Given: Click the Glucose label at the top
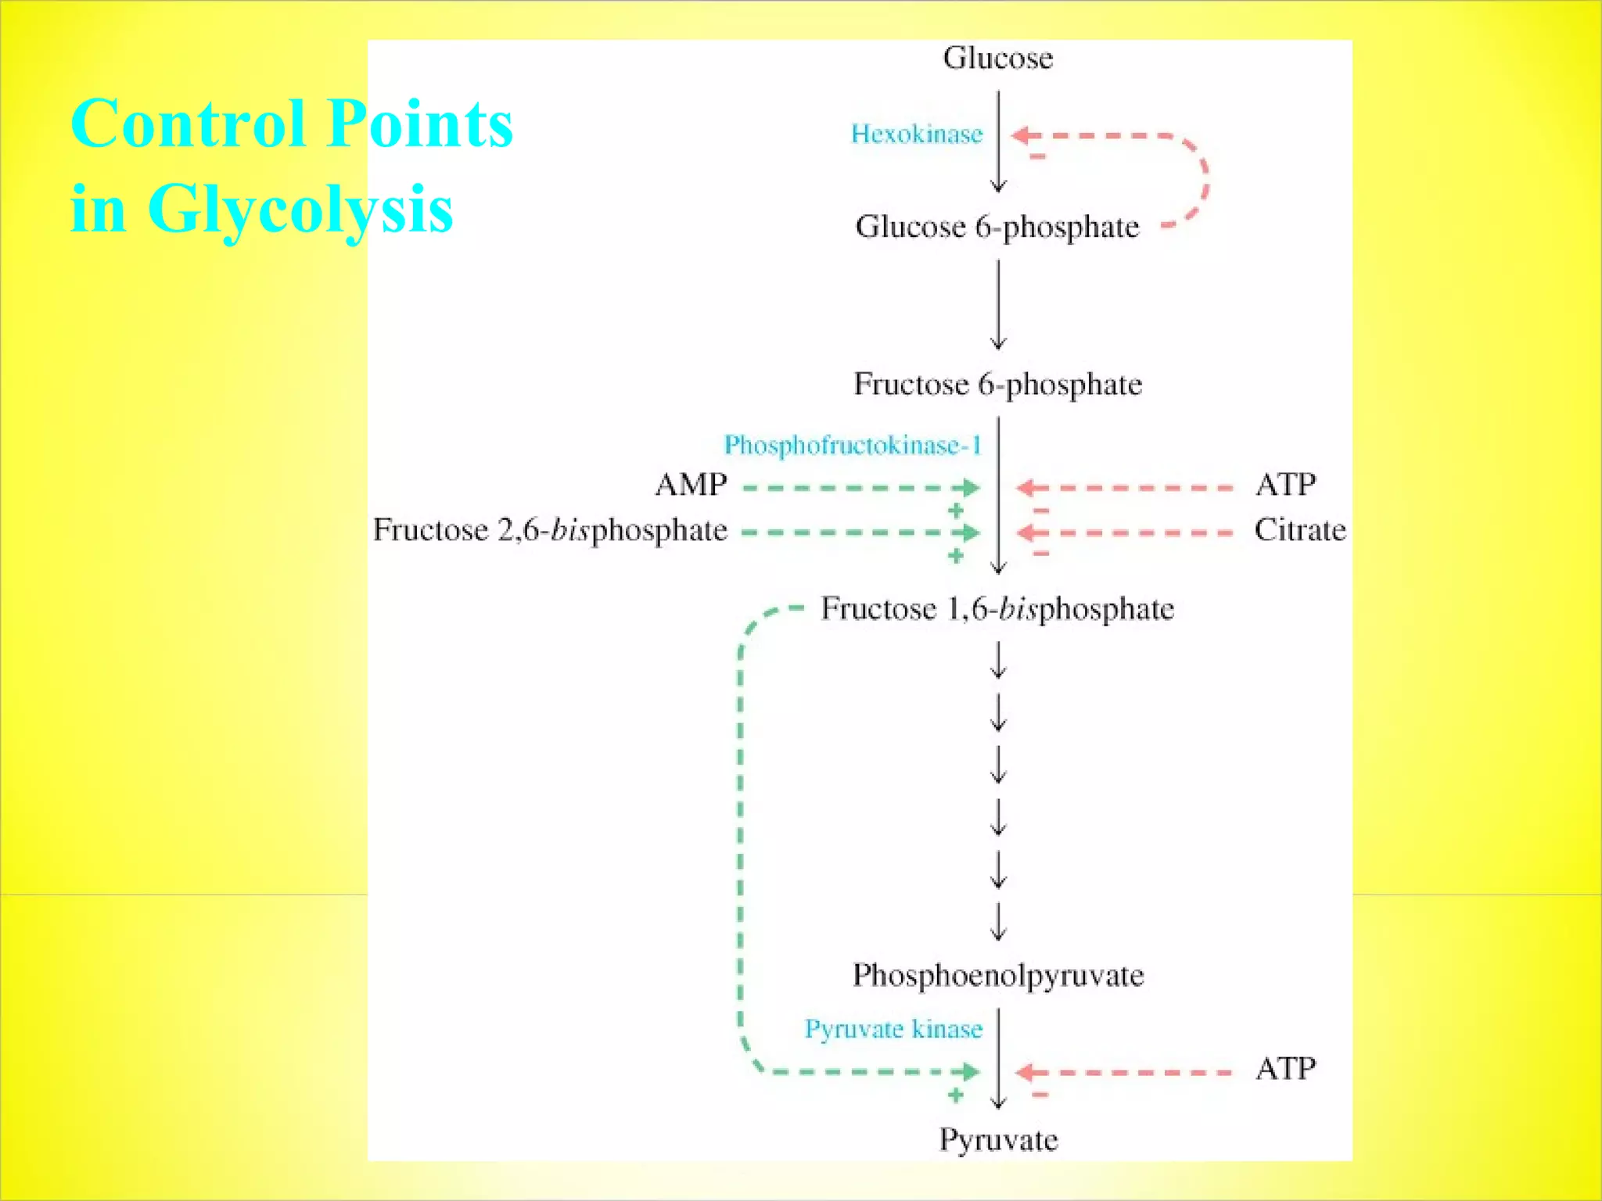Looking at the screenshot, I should (997, 59).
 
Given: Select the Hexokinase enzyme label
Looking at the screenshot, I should (916, 134).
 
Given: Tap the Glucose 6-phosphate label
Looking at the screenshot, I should (997, 228).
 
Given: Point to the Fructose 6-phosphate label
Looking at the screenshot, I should (997, 385).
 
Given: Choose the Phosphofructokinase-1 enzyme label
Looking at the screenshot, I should (852, 446).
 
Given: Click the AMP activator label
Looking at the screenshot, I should (691, 485).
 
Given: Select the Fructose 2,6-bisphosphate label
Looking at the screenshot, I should (550, 530).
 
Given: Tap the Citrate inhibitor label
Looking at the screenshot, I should (1300, 530).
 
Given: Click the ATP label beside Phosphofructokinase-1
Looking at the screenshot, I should (1285, 485).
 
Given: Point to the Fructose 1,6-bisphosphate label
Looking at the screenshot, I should (997, 609).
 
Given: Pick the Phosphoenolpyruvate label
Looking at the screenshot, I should (997, 976).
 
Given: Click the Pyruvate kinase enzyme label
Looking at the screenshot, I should (893, 1029).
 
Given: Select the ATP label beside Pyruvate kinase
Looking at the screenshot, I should (1285, 1068).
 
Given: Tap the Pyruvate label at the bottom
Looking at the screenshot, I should (998, 1140).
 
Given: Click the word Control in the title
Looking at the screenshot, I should (188, 124).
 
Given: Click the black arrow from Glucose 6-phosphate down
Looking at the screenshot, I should (998, 305).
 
